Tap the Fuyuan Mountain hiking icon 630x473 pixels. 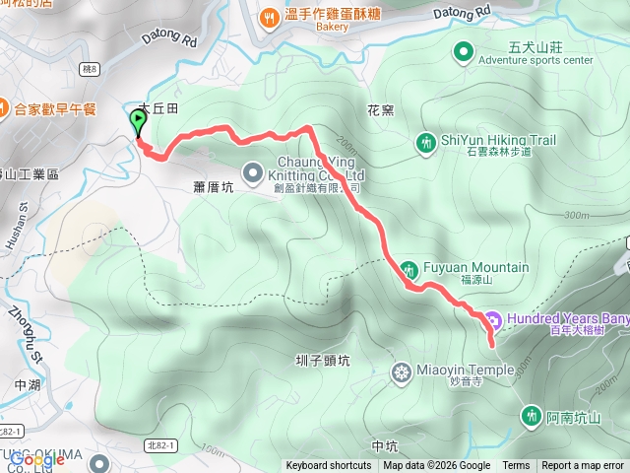pos(409,268)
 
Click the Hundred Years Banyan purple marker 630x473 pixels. pos(493,319)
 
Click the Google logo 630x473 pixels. pos(36,459)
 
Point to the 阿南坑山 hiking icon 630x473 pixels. pos(533,415)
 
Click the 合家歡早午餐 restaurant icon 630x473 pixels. pos(4,108)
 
